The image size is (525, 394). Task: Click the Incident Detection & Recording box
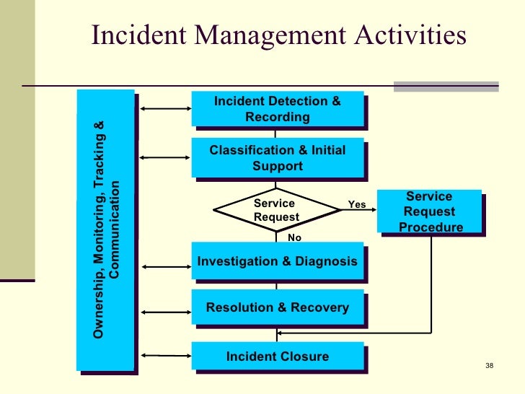point(277,109)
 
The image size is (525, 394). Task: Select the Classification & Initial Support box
point(277,158)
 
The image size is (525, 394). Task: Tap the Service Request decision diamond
point(277,210)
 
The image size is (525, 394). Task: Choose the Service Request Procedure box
point(430,212)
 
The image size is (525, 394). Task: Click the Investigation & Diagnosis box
point(277,261)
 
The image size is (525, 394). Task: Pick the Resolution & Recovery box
point(277,308)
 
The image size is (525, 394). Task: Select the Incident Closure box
point(277,356)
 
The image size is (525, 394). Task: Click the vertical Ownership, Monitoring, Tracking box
point(106,230)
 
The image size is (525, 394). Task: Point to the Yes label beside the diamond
point(357,205)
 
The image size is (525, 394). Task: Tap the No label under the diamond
point(294,237)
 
